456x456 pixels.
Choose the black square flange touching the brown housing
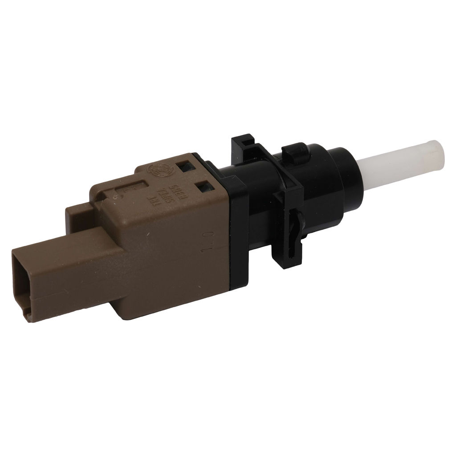point(236,223)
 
